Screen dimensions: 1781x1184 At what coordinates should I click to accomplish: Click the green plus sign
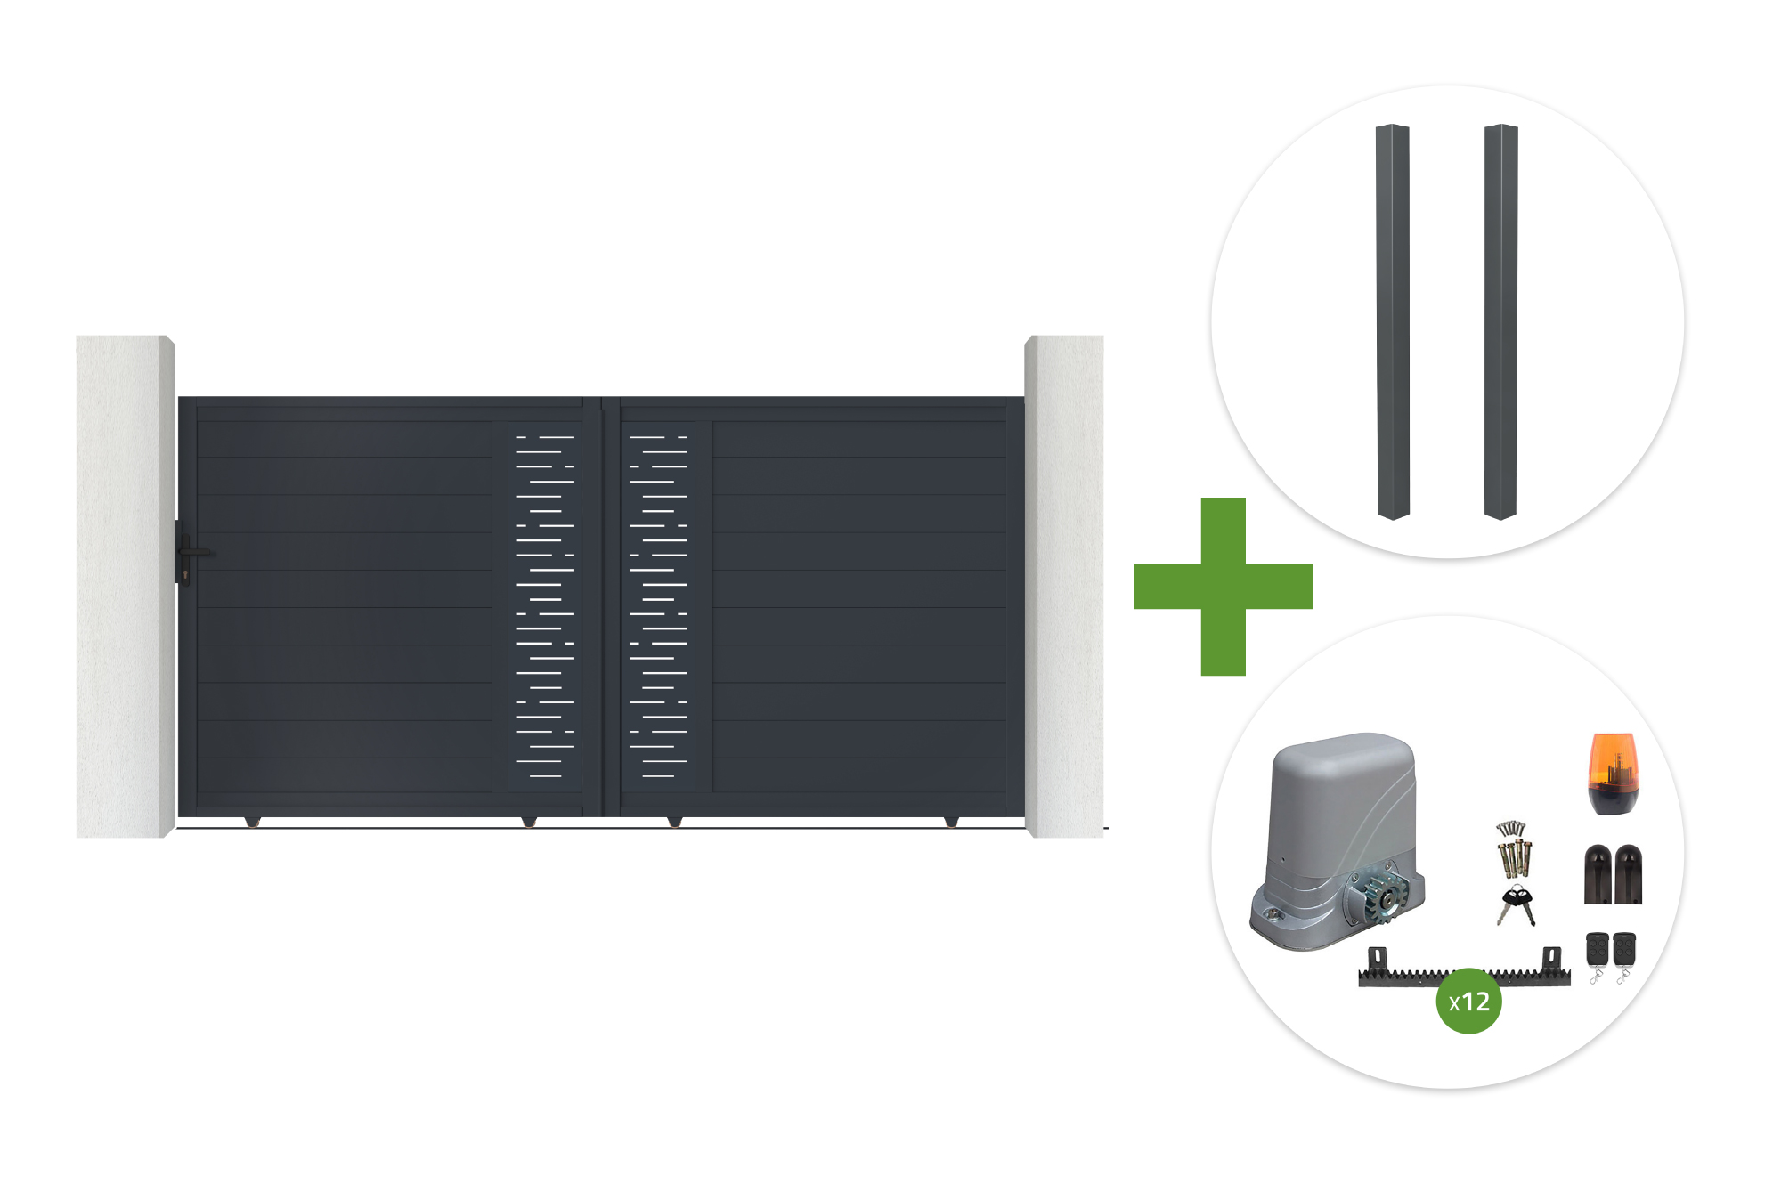pyautogui.click(x=1223, y=587)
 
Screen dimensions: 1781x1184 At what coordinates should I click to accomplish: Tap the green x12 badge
pyautogui.click(x=1468, y=1002)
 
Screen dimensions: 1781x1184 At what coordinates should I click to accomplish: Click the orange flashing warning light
pyautogui.click(x=1613, y=774)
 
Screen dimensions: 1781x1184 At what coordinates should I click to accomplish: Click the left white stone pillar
pyautogui.click(x=125, y=587)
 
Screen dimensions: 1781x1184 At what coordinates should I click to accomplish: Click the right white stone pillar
pyautogui.click(x=1064, y=587)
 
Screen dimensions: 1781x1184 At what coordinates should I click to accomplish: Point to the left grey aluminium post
pyautogui.click(x=1393, y=321)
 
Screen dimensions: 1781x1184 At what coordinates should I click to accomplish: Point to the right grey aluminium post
pyautogui.click(x=1500, y=321)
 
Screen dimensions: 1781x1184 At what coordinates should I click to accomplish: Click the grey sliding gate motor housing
pyautogui.click(x=1336, y=841)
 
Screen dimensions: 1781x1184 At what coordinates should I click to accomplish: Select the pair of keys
pyautogui.click(x=1517, y=905)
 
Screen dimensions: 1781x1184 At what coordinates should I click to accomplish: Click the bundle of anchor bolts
pyautogui.click(x=1513, y=849)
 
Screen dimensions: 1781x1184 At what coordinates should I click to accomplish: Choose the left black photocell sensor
pyautogui.click(x=1598, y=874)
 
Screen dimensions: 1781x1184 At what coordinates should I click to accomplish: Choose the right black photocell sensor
pyautogui.click(x=1628, y=874)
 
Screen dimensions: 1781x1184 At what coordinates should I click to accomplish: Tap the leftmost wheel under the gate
pyautogui.click(x=253, y=821)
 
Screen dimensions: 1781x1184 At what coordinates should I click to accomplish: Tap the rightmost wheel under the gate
pyautogui.click(x=951, y=821)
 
